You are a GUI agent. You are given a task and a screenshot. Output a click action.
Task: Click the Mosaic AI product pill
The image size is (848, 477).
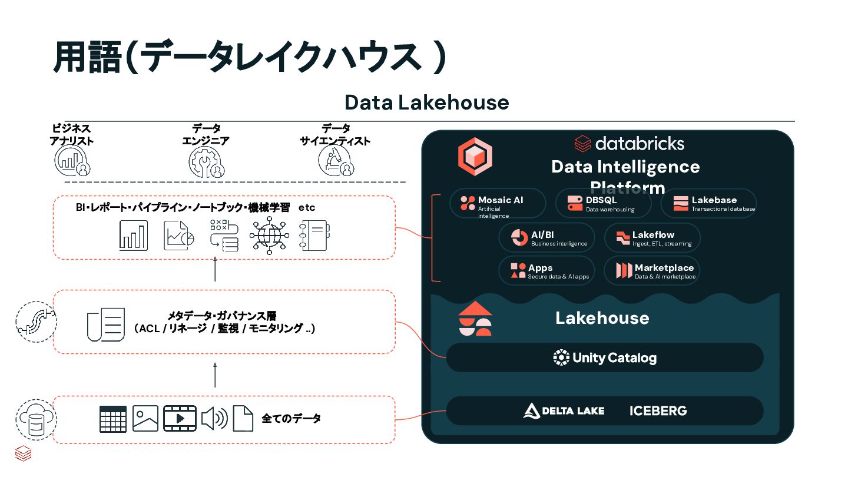498,203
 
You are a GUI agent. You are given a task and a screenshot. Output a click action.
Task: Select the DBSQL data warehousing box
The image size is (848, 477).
603,203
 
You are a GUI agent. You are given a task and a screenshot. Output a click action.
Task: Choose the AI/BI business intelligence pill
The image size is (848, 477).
546,238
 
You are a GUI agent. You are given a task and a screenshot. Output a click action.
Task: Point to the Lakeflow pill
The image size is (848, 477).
652,238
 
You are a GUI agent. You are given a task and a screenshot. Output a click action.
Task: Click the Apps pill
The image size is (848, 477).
546,271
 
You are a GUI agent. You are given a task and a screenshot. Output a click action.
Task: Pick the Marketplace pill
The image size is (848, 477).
652,271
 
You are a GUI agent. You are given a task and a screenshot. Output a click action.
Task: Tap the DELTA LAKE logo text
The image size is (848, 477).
564,410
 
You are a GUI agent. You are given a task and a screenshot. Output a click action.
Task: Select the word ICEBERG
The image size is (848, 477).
658,410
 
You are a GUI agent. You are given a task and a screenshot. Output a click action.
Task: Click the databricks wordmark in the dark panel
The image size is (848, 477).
630,143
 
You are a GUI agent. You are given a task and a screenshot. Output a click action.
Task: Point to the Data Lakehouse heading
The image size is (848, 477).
426,102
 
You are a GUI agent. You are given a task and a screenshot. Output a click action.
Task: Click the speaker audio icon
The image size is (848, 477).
214,419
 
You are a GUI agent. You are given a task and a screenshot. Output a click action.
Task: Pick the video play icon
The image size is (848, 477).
180,419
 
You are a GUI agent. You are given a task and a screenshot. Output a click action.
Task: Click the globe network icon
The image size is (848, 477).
269,236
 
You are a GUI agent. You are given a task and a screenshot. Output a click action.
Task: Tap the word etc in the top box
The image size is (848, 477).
307,207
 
